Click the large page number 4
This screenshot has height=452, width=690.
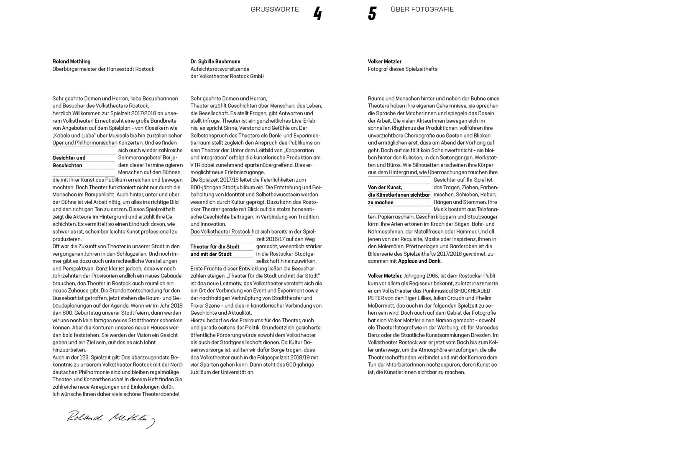pos(317,14)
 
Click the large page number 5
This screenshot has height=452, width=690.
pos(372,14)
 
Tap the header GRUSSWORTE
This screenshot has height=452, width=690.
pos(275,9)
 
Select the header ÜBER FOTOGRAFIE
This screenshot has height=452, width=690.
pos(422,9)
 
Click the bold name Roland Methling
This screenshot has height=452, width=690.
pos(72,62)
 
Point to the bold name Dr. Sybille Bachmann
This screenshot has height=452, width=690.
pos(215,62)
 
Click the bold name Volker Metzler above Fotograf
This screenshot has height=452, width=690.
pos(385,62)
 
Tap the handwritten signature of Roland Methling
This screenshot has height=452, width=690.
pos(111,419)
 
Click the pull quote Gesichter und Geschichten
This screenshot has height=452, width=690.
pos(69,162)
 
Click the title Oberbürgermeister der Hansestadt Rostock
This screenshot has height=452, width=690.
pos(103,69)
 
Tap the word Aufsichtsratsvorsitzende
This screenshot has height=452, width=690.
pos(220,69)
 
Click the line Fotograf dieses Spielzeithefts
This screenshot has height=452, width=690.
pos(403,69)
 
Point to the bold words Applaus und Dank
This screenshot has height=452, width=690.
pos(419,261)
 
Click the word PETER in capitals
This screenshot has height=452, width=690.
pos(376,298)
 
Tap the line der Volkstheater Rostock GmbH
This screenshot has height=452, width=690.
pos(227,76)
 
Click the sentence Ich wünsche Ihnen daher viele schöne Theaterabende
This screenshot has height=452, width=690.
pos(116,394)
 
